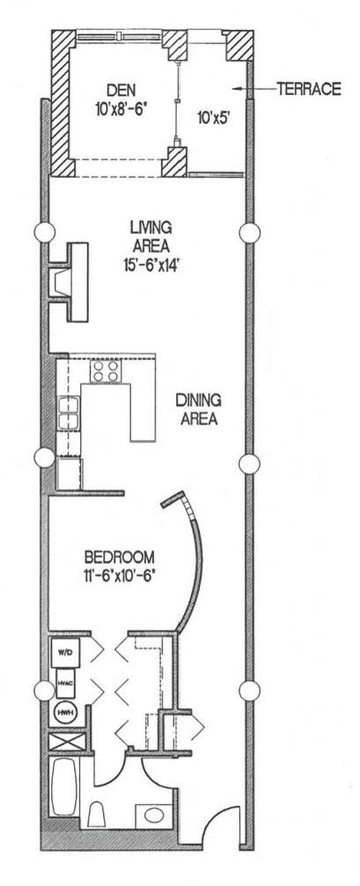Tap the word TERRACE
(308, 89)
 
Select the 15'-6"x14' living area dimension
(145, 262)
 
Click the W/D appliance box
(64, 653)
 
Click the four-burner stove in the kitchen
(107, 374)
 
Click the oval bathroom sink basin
(153, 813)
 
